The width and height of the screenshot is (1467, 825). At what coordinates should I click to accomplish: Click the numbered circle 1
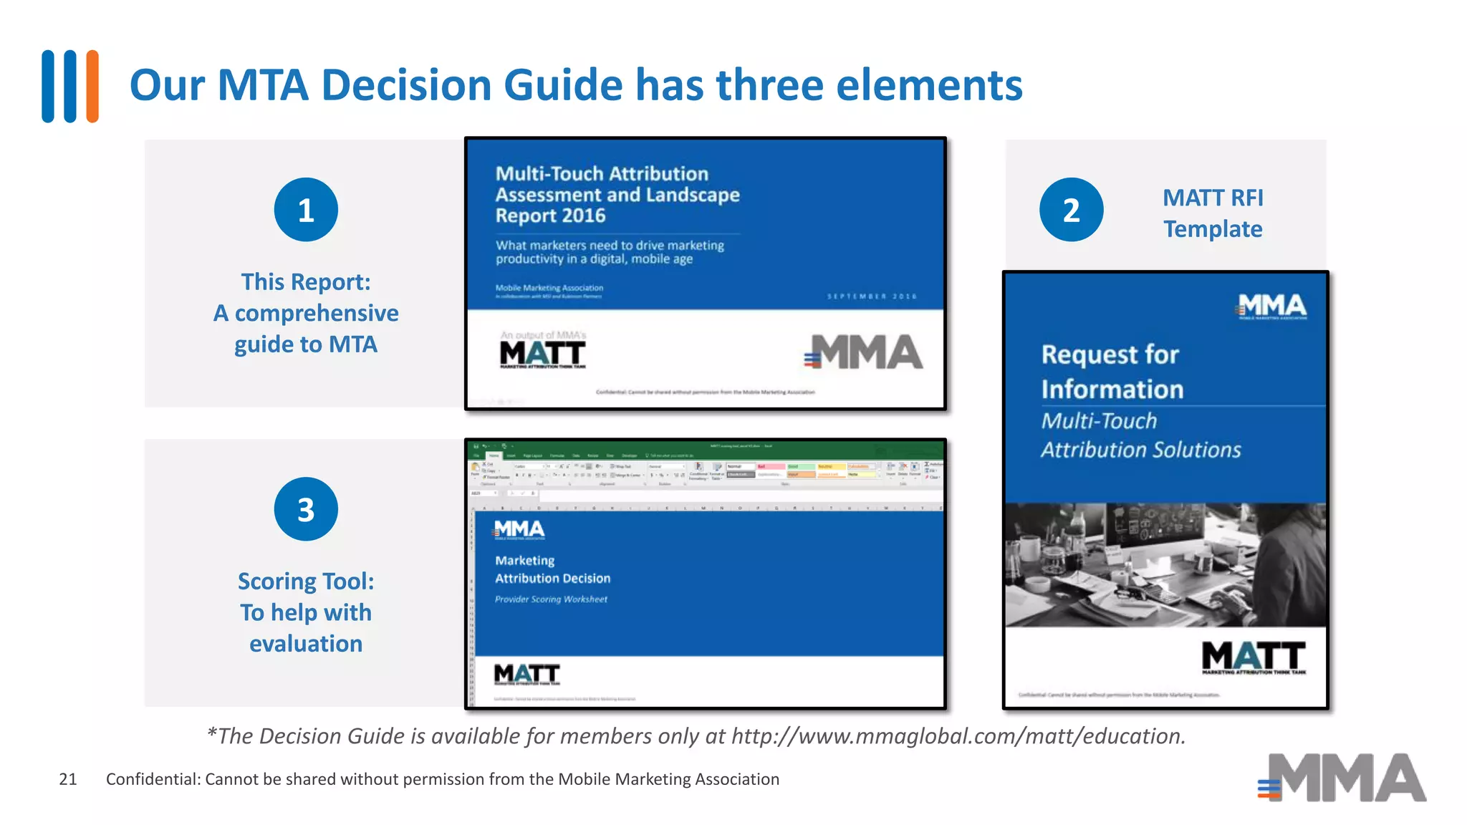[306, 210]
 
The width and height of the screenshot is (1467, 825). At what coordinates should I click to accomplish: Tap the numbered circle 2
[1071, 210]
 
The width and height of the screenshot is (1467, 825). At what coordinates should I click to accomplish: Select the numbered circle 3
[306, 509]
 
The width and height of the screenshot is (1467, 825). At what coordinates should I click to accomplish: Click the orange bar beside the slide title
[92, 86]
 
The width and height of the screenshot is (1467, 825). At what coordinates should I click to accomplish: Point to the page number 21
[68, 779]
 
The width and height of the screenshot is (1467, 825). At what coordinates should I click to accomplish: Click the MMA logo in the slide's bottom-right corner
[1342, 778]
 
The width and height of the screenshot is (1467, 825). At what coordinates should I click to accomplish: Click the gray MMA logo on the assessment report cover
[864, 352]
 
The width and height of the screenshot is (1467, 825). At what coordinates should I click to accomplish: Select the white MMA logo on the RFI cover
[1272, 306]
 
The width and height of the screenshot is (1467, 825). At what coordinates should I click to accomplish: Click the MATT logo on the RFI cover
[1254, 657]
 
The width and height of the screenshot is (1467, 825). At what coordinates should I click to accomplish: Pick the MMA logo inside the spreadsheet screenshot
[519, 530]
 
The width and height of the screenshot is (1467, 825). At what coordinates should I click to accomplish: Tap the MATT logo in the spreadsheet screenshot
[526, 674]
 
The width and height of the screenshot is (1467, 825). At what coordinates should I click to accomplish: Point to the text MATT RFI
[1213, 198]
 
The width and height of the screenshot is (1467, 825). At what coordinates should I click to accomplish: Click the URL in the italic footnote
[958, 736]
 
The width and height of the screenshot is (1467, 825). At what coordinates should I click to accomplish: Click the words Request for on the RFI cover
[1110, 354]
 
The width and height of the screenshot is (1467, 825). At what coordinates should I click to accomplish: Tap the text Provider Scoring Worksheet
[551, 599]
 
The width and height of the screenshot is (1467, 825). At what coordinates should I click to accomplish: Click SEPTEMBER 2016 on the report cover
[872, 296]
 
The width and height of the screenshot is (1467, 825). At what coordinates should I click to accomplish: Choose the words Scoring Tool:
[306, 582]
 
